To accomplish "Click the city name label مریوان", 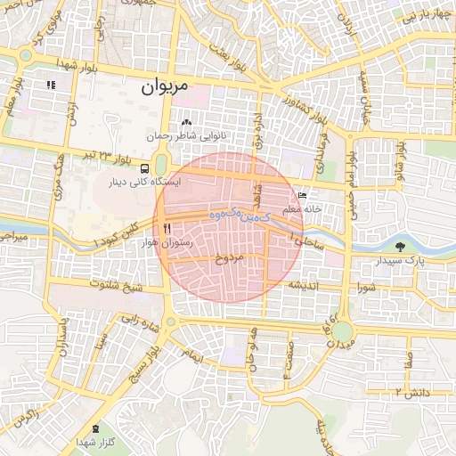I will [x=166, y=89].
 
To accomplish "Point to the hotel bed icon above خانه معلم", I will [x=302, y=196].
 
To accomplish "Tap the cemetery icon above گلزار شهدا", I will [x=95, y=429].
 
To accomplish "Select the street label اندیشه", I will [x=303, y=286].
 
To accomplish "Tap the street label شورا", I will [x=367, y=287].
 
